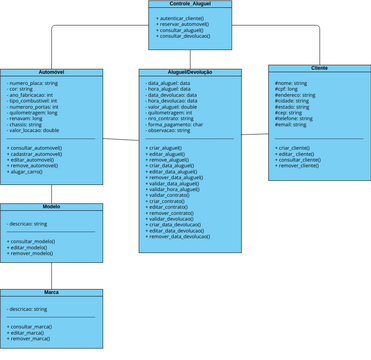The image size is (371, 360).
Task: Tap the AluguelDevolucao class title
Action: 190,73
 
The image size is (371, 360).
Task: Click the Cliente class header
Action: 319,67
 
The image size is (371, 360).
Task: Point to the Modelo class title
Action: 51,207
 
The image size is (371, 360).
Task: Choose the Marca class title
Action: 51,293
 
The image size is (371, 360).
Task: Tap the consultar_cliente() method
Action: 299,160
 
